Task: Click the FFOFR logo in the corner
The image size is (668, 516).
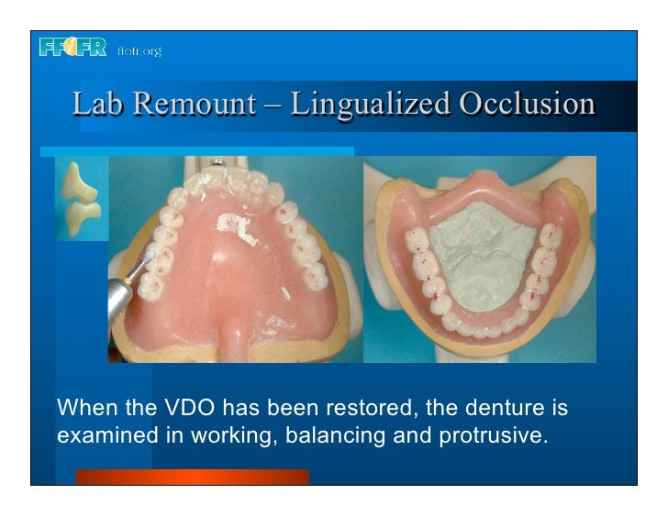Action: point(72,48)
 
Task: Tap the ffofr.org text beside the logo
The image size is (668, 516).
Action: point(139,50)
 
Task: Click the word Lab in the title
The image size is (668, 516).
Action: point(96,104)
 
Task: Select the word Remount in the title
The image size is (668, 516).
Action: point(193,104)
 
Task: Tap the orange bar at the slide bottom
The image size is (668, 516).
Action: point(192,477)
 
